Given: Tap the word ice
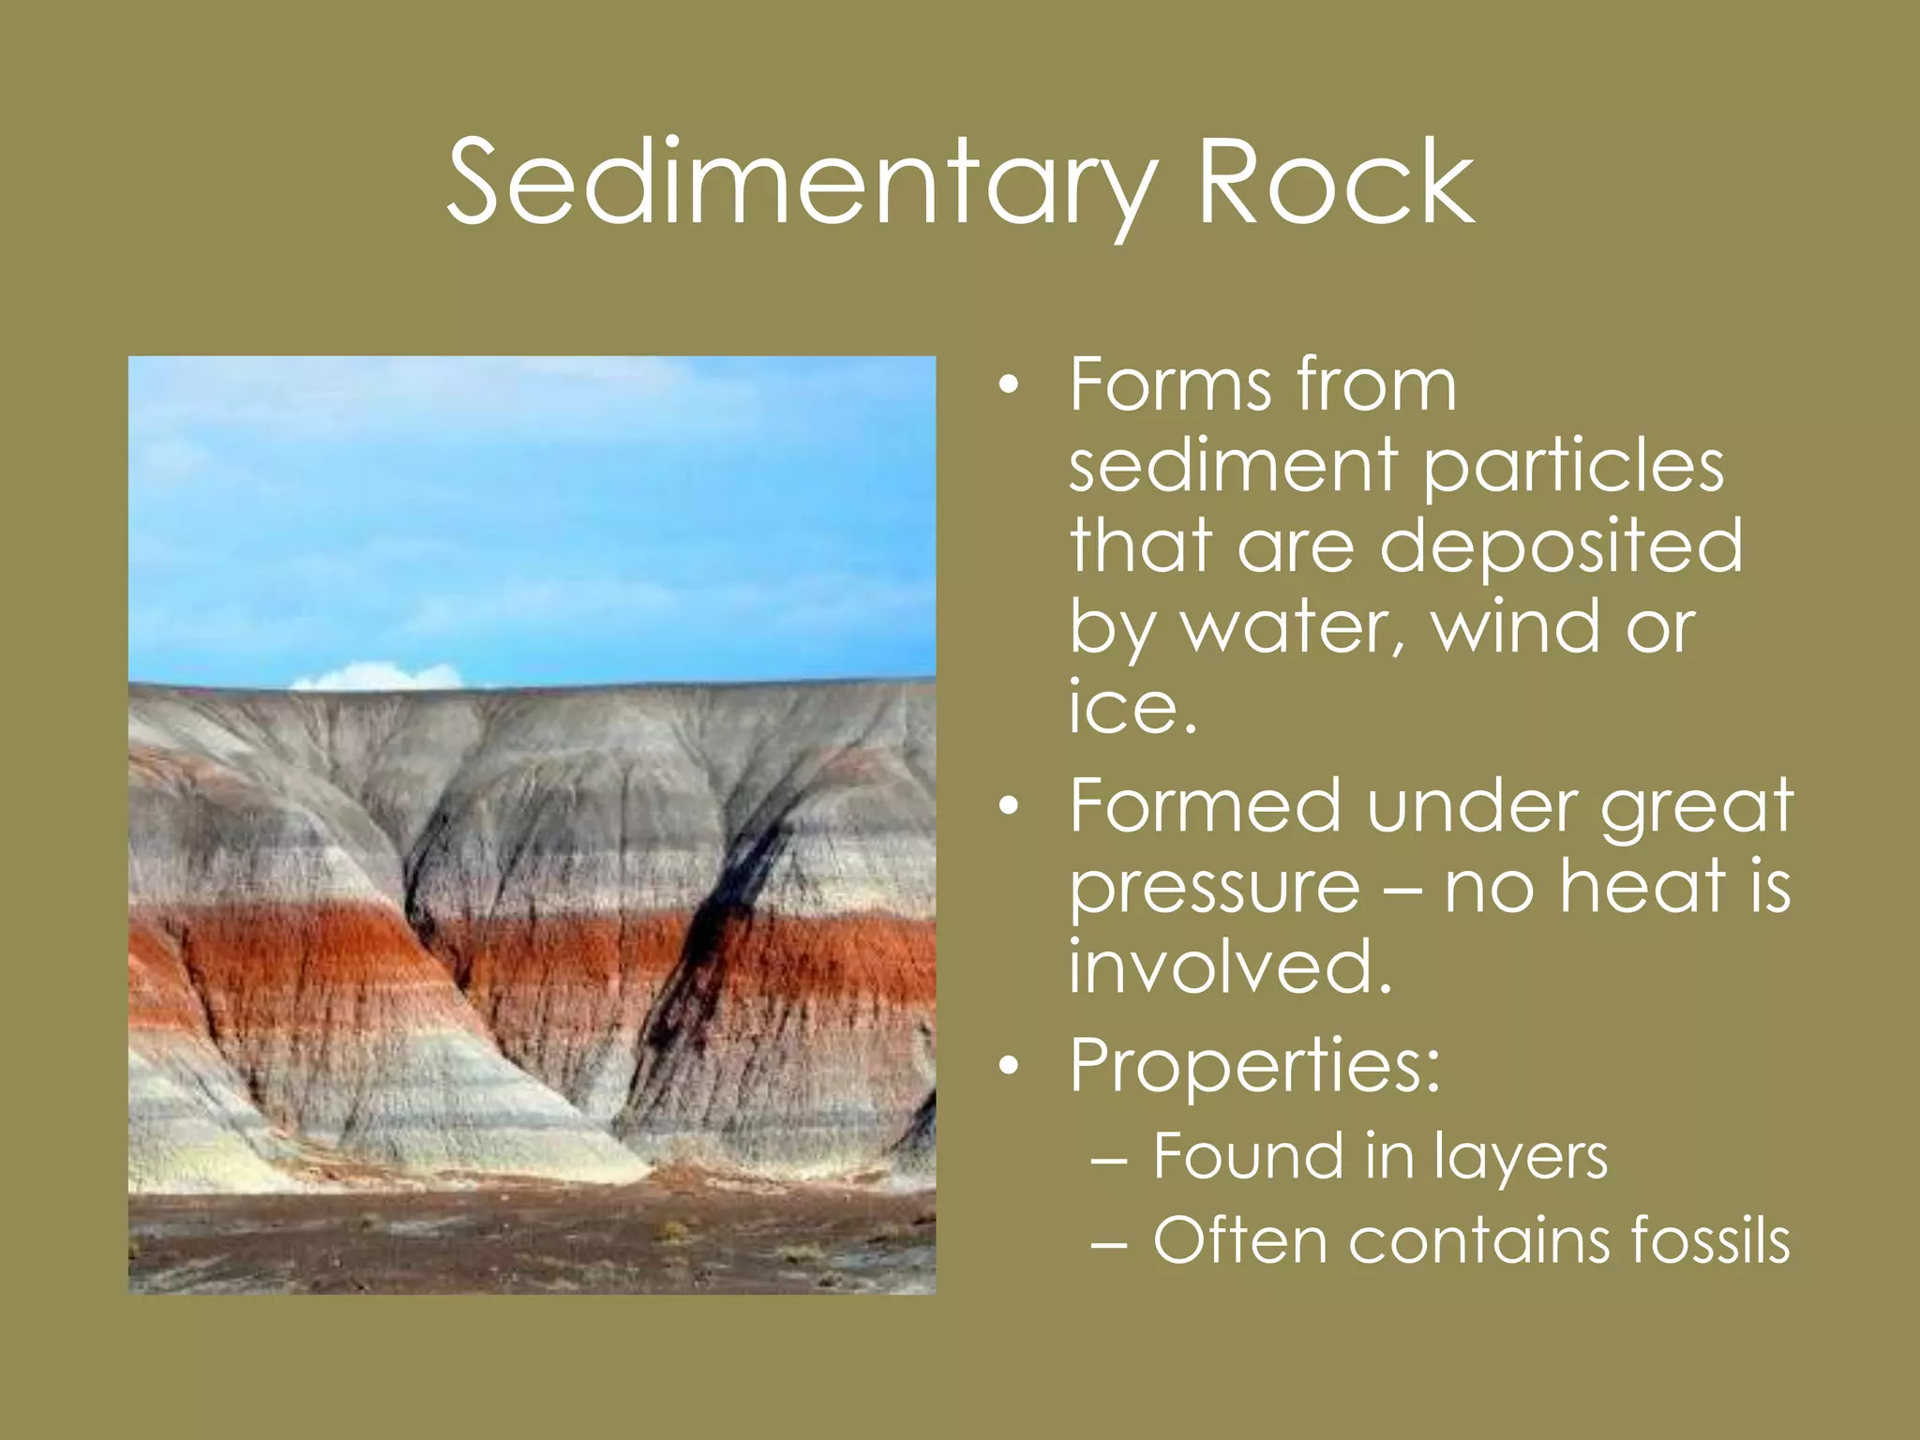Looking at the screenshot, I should coord(1132,706).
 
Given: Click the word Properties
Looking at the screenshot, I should coord(1253,1067).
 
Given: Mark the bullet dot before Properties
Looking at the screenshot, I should coord(1008,1067).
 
